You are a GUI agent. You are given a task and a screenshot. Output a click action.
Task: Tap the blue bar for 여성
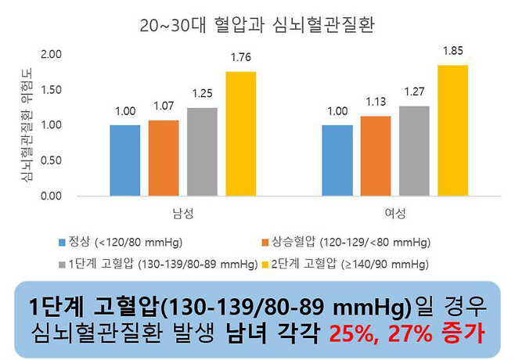click(x=337, y=160)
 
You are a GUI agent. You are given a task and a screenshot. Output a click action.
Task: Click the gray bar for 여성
click(x=413, y=150)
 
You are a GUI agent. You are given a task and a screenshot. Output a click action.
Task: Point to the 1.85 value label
click(x=452, y=51)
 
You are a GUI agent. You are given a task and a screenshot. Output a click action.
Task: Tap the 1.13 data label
click(x=375, y=102)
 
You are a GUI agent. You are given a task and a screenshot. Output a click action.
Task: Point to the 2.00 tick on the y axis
click(x=73, y=54)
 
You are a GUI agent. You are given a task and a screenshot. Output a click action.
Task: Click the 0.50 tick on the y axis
click(x=73, y=160)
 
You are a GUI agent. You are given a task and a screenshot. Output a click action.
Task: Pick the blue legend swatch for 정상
click(x=61, y=242)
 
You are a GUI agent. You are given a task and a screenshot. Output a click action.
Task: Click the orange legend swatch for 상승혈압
click(x=265, y=242)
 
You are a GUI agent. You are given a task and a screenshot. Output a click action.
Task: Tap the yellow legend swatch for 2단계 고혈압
click(x=265, y=265)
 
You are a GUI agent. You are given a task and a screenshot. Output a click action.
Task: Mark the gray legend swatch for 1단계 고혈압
click(x=61, y=265)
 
